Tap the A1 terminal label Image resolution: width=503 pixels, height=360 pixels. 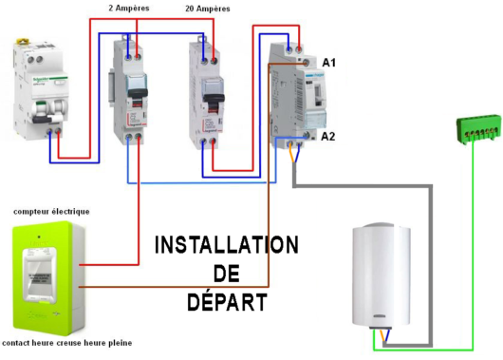tap(328, 63)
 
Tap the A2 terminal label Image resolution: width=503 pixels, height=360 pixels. tap(328, 137)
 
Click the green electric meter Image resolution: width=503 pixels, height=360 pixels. tap(47, 275)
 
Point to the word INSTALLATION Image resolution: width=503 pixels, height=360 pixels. tap(226, 245)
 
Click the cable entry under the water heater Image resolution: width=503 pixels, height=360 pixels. tap(383, 334)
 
